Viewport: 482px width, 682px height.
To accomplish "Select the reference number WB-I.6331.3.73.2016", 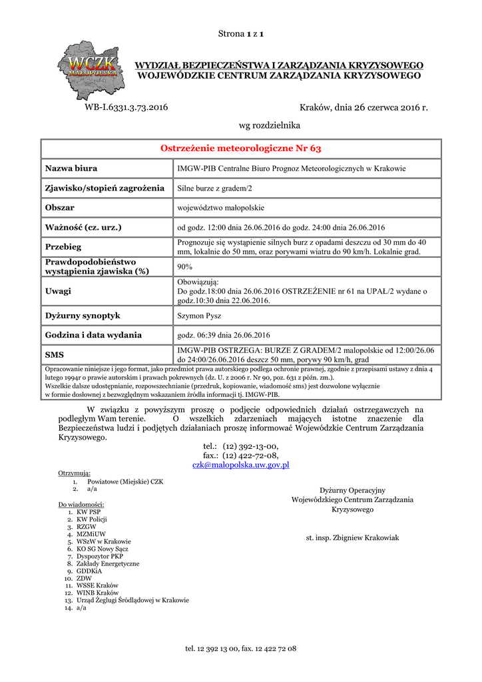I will click(x=126, y=107).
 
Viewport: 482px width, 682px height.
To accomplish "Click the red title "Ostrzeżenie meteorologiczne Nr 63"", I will click(x=241, y=148).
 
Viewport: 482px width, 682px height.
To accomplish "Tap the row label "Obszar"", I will click(x=59, y=208).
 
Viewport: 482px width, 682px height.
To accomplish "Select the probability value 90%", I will click(x=184, y=266).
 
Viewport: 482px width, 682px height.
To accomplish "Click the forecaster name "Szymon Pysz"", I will click(x=200, y=315).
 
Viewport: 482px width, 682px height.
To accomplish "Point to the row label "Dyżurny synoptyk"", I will click(x=82, y=315).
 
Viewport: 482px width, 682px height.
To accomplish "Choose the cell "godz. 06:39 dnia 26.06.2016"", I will click(x=224, y=334).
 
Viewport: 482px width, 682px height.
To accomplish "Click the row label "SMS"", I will click(x=54, y=354).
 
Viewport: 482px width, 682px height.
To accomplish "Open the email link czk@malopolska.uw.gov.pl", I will click(x=240, y=465).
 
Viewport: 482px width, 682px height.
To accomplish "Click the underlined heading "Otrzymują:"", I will click(x=75, y=473).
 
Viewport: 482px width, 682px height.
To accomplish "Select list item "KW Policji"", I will click(x=92, y=519).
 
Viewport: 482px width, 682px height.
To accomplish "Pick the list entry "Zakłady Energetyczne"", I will click(x=108, y=563).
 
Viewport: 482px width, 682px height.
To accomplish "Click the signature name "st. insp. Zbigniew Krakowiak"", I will click(x=352, y=537).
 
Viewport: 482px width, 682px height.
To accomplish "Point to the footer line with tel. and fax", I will click(x=240, y=648).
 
